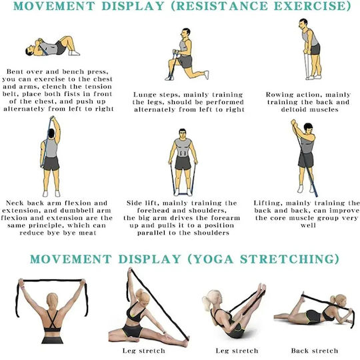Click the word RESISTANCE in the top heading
coord(222,6)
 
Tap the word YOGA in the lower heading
coord(214,259)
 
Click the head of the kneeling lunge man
coord(185,34)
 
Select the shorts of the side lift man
coord(183,163)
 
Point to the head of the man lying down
coord(30,51)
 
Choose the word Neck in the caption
coord(15,203)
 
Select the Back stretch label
coord(315,351)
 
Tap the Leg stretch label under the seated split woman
coord(144,351)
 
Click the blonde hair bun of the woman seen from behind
coord(53,299)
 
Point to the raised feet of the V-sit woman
coord(262,289)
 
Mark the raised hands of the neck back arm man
coord(53,119)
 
